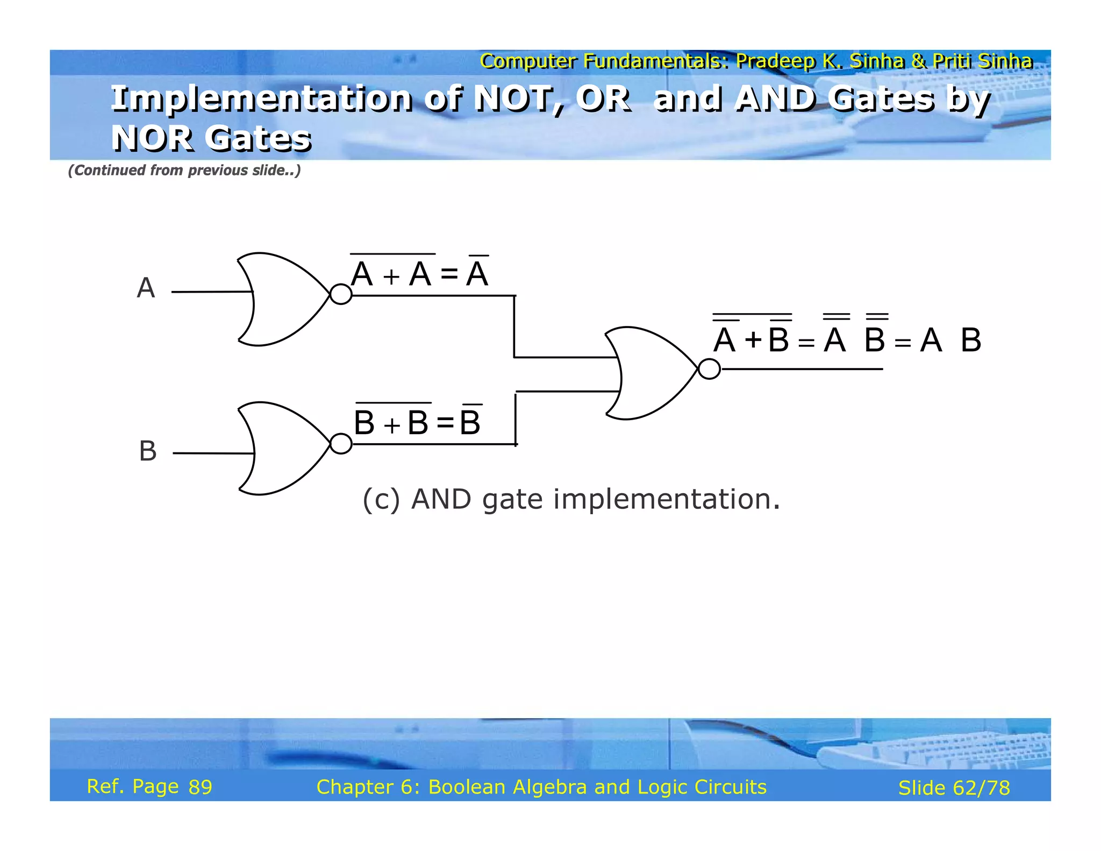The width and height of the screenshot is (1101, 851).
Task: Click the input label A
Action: (146, 288)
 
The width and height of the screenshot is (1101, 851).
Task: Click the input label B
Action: (148, 451)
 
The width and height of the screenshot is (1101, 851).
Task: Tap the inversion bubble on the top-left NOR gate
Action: (341, 294)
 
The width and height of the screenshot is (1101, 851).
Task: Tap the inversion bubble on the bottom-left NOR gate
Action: (341, 444)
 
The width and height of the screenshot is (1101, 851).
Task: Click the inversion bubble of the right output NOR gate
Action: (709, 369)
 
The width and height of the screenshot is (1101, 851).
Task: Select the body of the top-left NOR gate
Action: (282, 299)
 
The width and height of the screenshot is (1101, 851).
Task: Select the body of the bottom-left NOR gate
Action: (282, 448)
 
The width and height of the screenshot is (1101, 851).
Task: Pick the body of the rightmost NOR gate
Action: (650, 373)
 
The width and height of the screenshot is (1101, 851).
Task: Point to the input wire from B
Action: (213, 453)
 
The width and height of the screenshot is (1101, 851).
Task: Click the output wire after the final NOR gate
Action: (801, 369)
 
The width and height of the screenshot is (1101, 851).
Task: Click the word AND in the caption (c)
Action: (441, 499)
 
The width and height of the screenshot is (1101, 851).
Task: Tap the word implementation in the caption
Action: (666, 499)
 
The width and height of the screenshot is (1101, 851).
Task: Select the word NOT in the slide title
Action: (518, 99)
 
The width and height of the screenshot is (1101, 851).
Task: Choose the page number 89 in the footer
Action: (201, 787)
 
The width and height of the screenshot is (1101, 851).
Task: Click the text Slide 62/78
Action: (954, 788)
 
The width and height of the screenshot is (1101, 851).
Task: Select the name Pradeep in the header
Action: (775, 61)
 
